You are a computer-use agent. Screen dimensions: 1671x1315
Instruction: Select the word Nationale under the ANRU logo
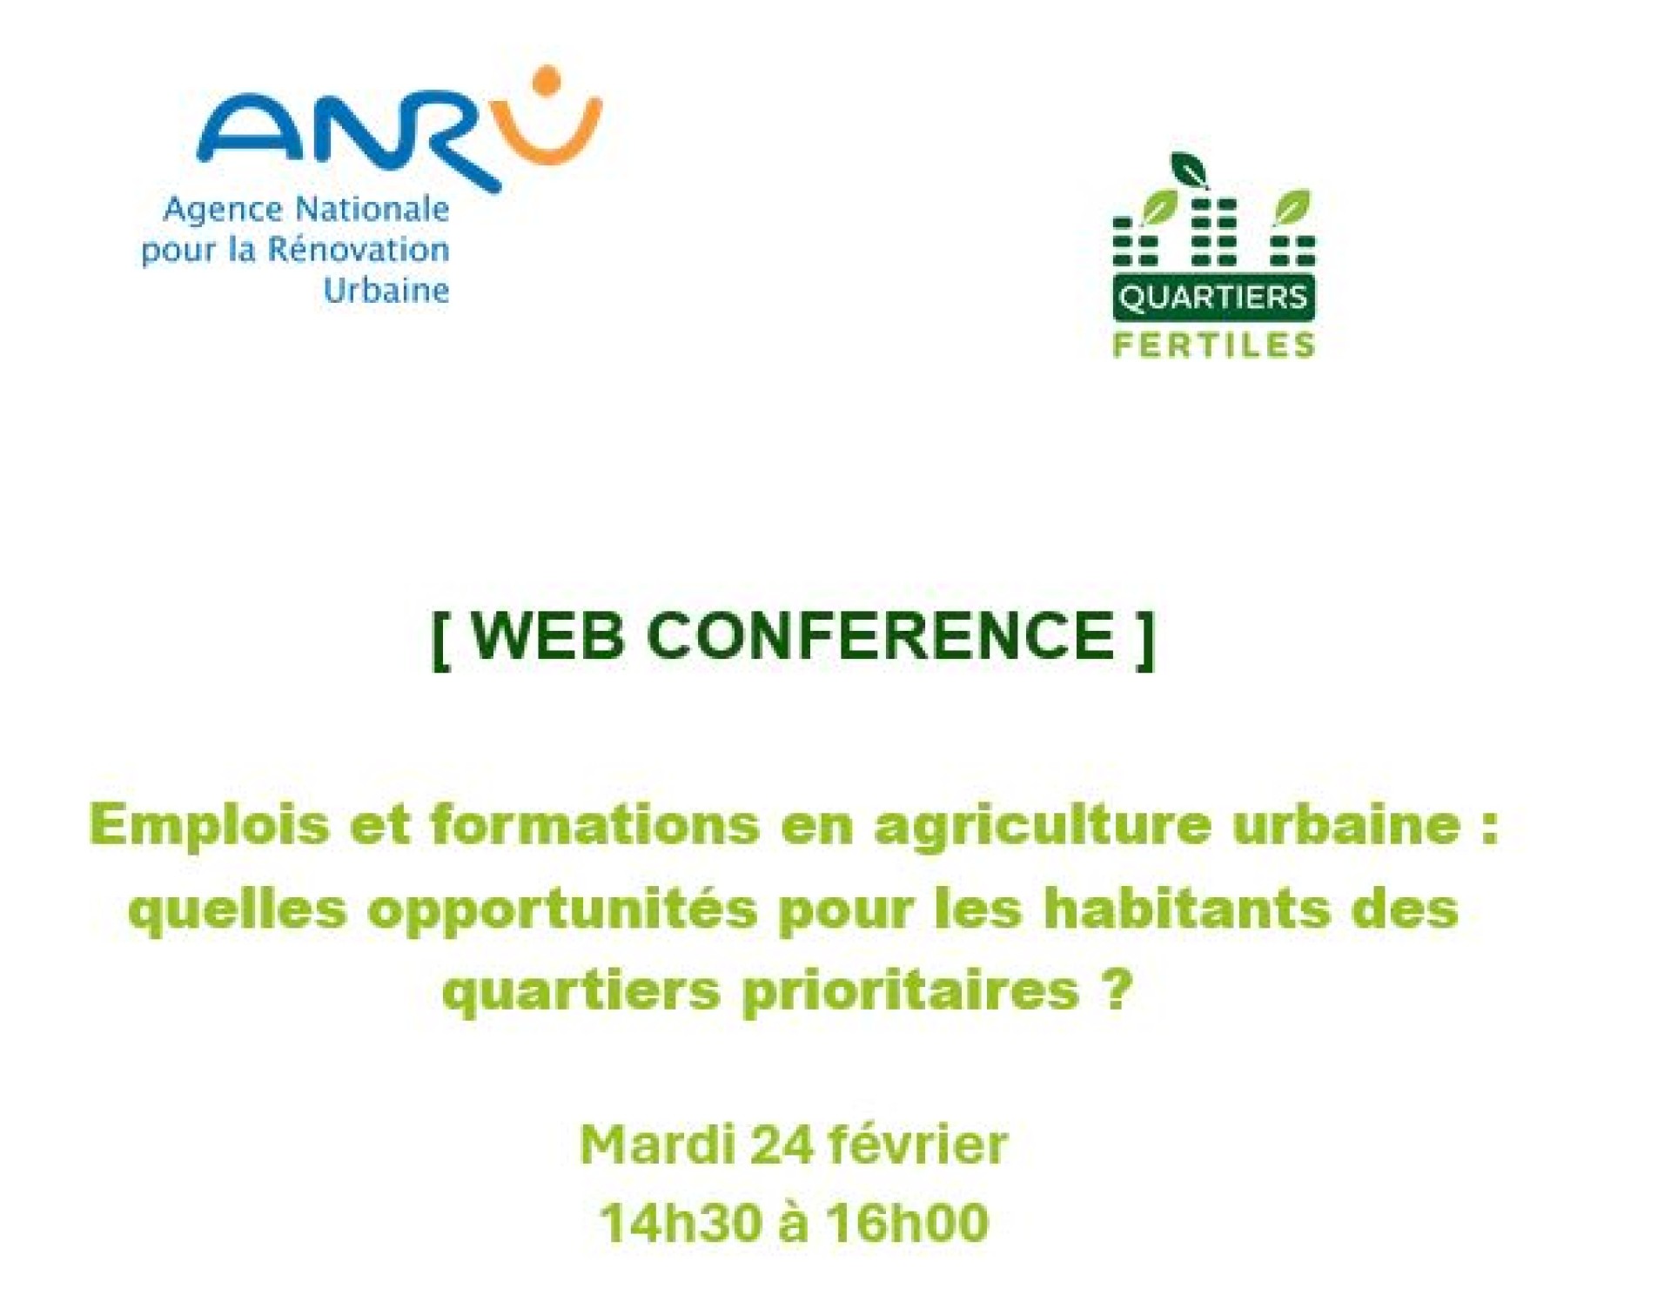[372, 209]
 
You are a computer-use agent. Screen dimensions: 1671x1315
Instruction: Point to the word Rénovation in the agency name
[358, 250]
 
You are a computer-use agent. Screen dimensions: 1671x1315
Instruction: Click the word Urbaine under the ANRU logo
[386, 290]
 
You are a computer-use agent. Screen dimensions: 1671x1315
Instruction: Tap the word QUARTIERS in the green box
[1213, 299]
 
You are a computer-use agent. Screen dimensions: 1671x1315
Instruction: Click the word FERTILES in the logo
[1214, 346]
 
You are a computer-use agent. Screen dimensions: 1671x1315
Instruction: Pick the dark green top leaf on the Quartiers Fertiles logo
[1189, 170]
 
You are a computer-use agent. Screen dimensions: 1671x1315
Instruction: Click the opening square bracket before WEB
[441, 640]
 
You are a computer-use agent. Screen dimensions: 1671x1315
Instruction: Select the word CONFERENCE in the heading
[882, 636]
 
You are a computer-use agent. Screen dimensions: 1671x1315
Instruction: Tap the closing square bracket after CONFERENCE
[1145, 640]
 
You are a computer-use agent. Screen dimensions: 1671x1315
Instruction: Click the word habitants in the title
[1186, 909]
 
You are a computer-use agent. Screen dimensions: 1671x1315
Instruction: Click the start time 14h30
[675, 1223]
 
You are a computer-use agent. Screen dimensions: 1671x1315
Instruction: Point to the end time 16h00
[908, 1223]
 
